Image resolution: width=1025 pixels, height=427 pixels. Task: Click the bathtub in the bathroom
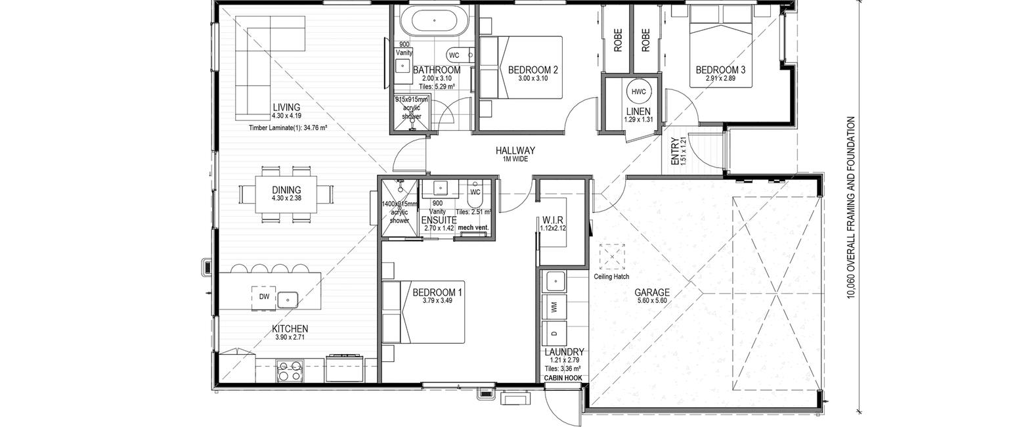point(434,21)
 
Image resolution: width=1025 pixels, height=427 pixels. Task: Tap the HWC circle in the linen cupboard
point(638,91)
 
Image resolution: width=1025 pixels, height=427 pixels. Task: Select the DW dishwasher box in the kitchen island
point(264,296)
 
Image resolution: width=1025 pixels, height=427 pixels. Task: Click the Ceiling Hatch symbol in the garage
point(612,257)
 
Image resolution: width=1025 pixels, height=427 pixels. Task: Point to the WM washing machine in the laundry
point(554,306)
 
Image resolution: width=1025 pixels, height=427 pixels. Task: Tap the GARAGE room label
point(652,292)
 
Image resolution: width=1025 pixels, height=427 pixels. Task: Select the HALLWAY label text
point(515,150)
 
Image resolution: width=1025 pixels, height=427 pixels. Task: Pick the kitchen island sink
point(288,300)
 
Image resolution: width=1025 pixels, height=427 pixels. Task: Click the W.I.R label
point(553,221)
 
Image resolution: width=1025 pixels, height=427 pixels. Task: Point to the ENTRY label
point(674,152)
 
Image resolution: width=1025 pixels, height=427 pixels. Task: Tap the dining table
point(286,194)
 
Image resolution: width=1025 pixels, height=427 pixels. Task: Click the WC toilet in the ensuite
point(475,198)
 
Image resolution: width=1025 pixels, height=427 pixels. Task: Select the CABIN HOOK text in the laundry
point(563,378)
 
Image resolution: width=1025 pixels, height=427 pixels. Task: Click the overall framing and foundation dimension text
point(850,208)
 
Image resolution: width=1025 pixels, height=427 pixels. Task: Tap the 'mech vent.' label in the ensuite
point(473,227)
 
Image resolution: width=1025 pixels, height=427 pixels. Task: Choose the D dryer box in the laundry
point(554,333)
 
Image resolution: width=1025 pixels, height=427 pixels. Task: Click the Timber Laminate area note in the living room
point(288,128)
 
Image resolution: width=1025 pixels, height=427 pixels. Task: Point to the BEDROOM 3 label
point(721,70)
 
